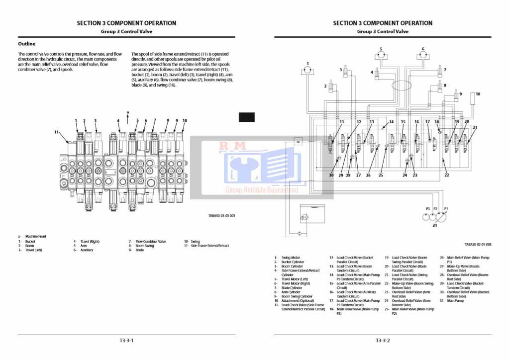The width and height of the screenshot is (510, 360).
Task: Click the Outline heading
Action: [27, 44]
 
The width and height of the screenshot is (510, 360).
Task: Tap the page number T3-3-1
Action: [126, 341]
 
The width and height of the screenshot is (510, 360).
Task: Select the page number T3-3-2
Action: [383, 341]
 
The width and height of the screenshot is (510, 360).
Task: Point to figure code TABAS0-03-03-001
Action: [221, 216]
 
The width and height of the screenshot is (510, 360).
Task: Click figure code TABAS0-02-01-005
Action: [478, 245]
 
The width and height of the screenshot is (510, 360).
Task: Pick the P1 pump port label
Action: [446, 209]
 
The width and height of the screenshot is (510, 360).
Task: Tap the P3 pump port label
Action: [427, 209]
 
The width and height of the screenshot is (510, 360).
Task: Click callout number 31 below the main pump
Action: [435, 225]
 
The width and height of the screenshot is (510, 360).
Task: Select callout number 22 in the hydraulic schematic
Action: [446, 175]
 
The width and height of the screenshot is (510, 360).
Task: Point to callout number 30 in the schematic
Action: [331, 175]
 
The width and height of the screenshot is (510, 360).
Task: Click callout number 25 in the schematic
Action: [381, 175]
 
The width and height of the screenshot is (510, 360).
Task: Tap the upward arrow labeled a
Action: [128, 117]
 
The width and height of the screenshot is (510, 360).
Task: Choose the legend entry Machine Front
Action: [35, 237]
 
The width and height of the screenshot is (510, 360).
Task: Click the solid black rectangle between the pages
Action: [247, 117]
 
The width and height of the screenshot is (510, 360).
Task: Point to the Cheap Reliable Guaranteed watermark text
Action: [262, 190]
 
